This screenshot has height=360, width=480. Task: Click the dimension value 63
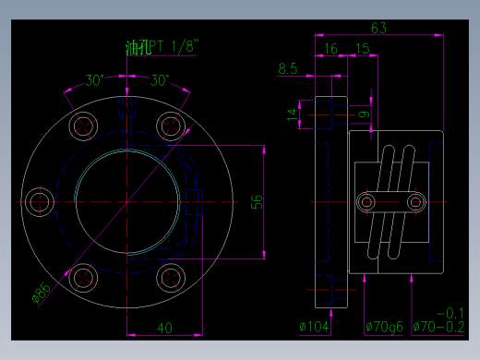(x=378, y=27)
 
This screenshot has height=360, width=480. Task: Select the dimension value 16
(x=331, y=48)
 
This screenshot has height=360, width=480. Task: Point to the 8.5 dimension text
(x=287, y=68)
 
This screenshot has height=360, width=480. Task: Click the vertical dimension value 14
(x=293, y=114)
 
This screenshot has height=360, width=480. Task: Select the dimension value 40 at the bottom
(x=164, y=328)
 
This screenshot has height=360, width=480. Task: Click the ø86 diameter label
(x=42, y=294)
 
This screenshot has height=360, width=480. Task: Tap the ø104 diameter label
(x=316, y=326)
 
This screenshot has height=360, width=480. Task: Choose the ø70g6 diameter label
(x=384, y=326)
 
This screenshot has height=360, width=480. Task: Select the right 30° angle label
(x=159, y=80)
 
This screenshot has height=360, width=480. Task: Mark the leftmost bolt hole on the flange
(x=41, y=201)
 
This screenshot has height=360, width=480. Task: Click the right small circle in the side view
(x=415, y=200)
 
